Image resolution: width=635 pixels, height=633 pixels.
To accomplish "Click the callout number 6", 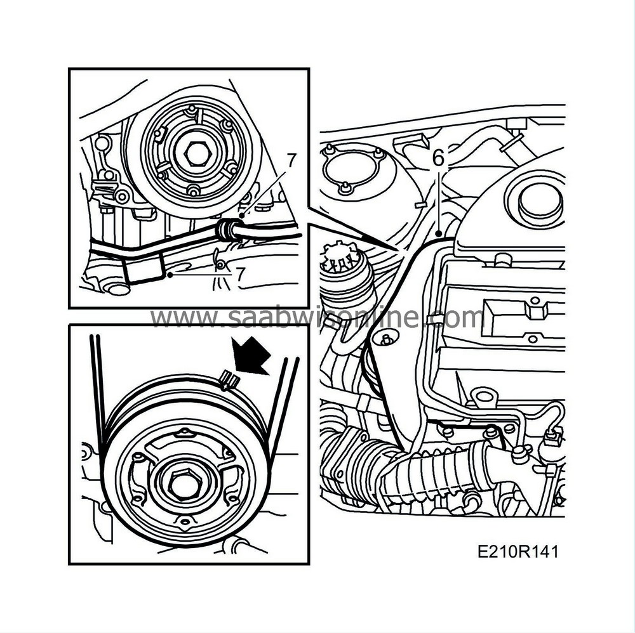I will coord(438,159).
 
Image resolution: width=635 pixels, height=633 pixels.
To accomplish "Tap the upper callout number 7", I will coord(290,161).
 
